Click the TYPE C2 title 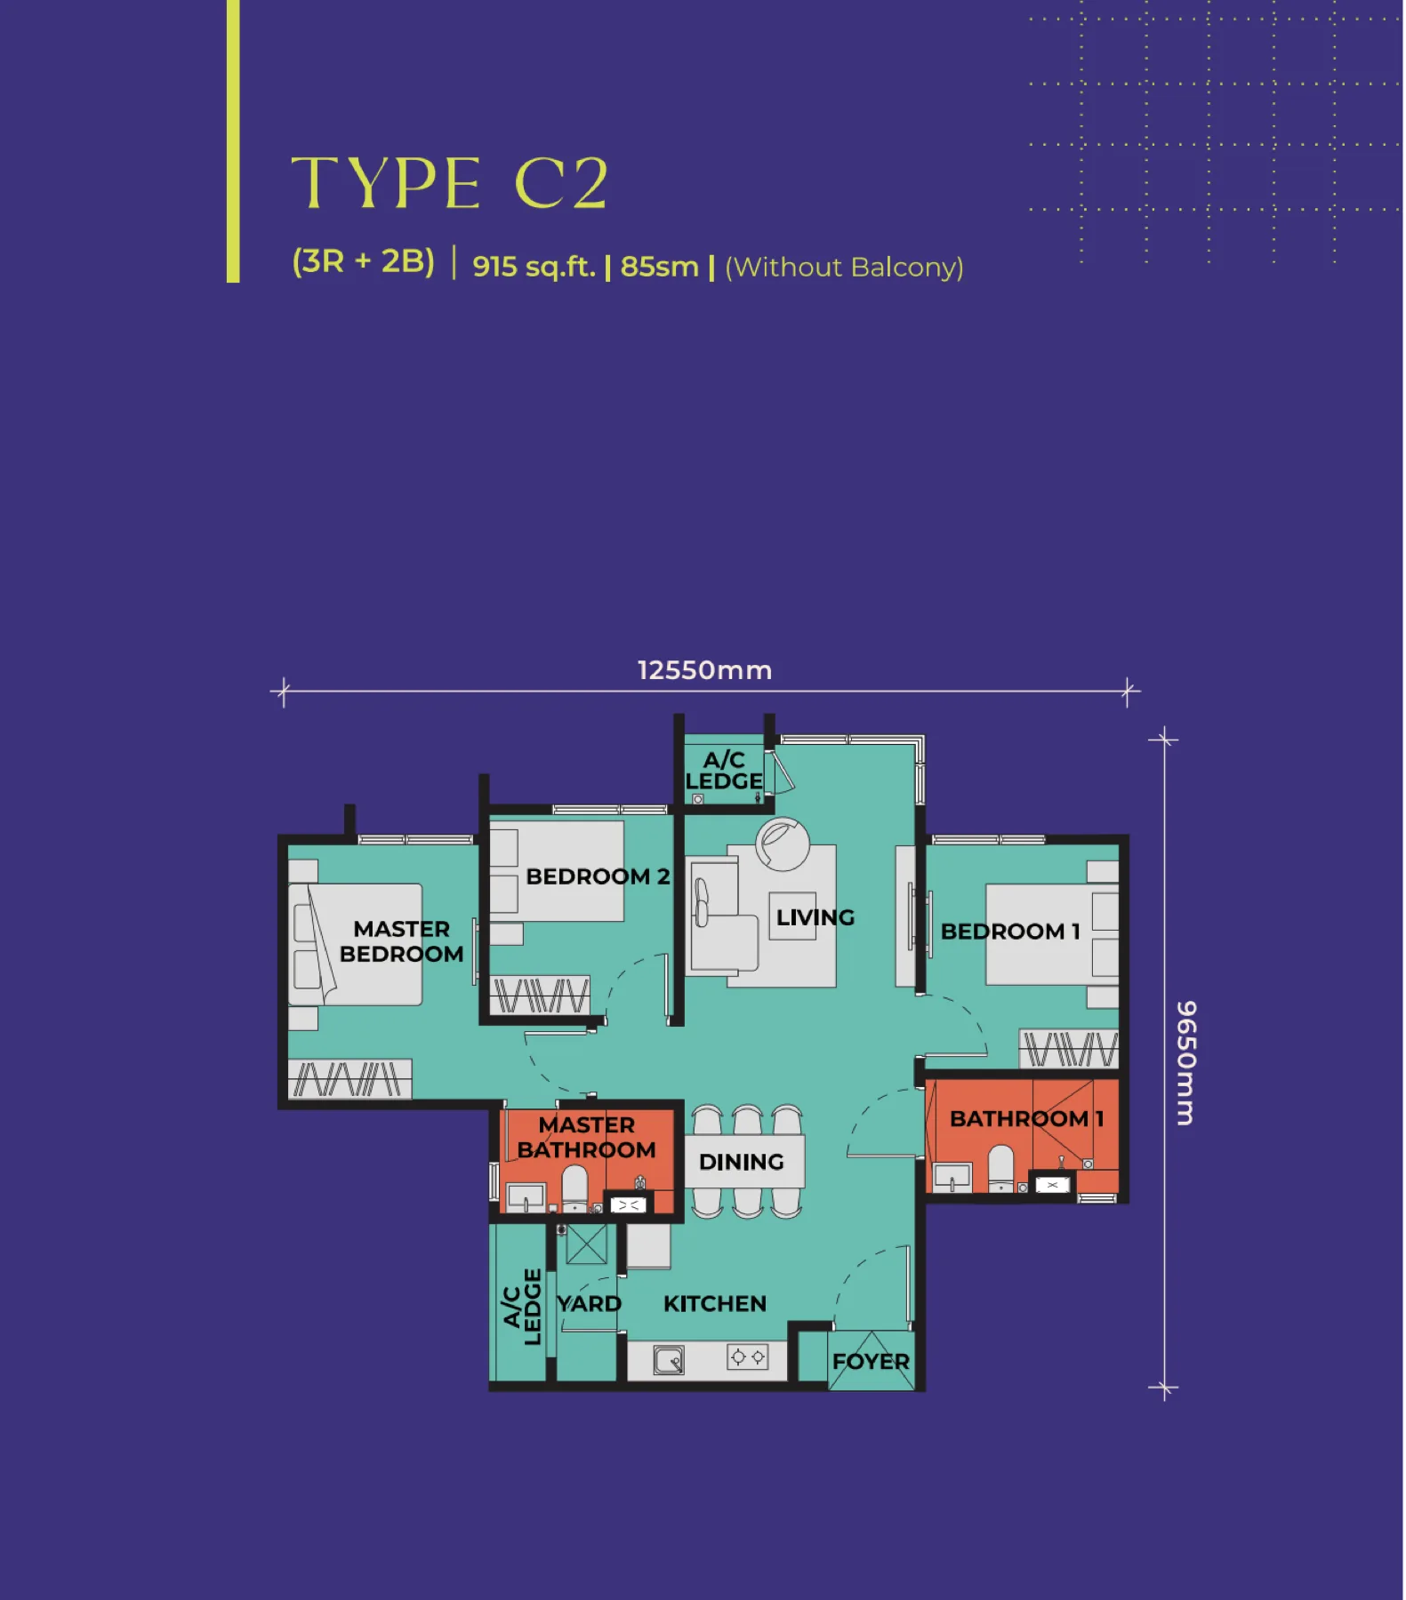click(449, 183)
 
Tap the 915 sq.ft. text click(534, 267)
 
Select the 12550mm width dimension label click(704, 670)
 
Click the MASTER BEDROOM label click(402, 941)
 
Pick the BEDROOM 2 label click(598, 876)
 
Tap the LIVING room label click(815, 917)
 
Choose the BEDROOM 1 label click(1010, 932)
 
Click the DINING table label click(742, 1162)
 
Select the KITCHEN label click(715, 1304)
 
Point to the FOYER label click(871, 1362)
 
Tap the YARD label click(589, 1304)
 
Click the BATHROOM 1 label click(1027, 1119)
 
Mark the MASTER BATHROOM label click(586, 1138)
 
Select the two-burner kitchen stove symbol click(748, 1357)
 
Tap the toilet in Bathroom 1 click(1001, 1168)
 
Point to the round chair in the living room click(783, 844)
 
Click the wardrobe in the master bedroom click(349, 1079)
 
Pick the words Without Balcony click(844, 268)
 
